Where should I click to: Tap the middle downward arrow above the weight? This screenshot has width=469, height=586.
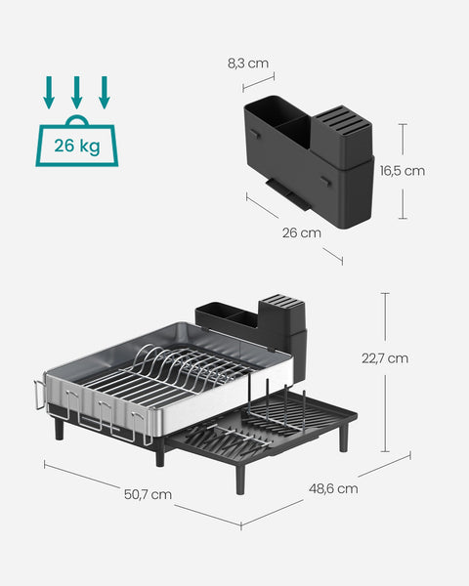[76, 94]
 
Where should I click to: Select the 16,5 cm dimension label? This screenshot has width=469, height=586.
[402, 170]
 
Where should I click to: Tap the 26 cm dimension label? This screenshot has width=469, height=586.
[302, 232]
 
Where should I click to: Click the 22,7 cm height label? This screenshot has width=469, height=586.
[384, 357]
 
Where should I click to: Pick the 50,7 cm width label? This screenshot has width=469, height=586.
[148, 494]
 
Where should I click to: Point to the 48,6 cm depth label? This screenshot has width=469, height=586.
[332, 487]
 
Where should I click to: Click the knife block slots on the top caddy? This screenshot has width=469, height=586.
[343, 122]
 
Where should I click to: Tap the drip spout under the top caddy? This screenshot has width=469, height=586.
[286, 191]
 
